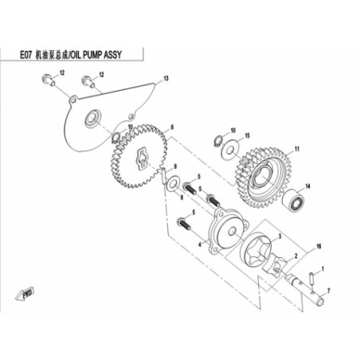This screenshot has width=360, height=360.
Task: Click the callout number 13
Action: click(166, 78)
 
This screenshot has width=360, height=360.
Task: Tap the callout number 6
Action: click(172, 127)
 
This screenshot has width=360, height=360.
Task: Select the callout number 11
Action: click(297, 149)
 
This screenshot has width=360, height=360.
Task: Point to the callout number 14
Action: click(307, 186)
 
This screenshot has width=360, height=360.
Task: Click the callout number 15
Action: click(247, 135)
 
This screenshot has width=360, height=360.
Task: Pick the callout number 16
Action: click(319, 246)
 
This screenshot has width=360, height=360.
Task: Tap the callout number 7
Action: click(329, 292)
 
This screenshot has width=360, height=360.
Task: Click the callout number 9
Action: click(175, 166)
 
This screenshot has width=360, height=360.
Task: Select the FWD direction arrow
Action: click(25, 294)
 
